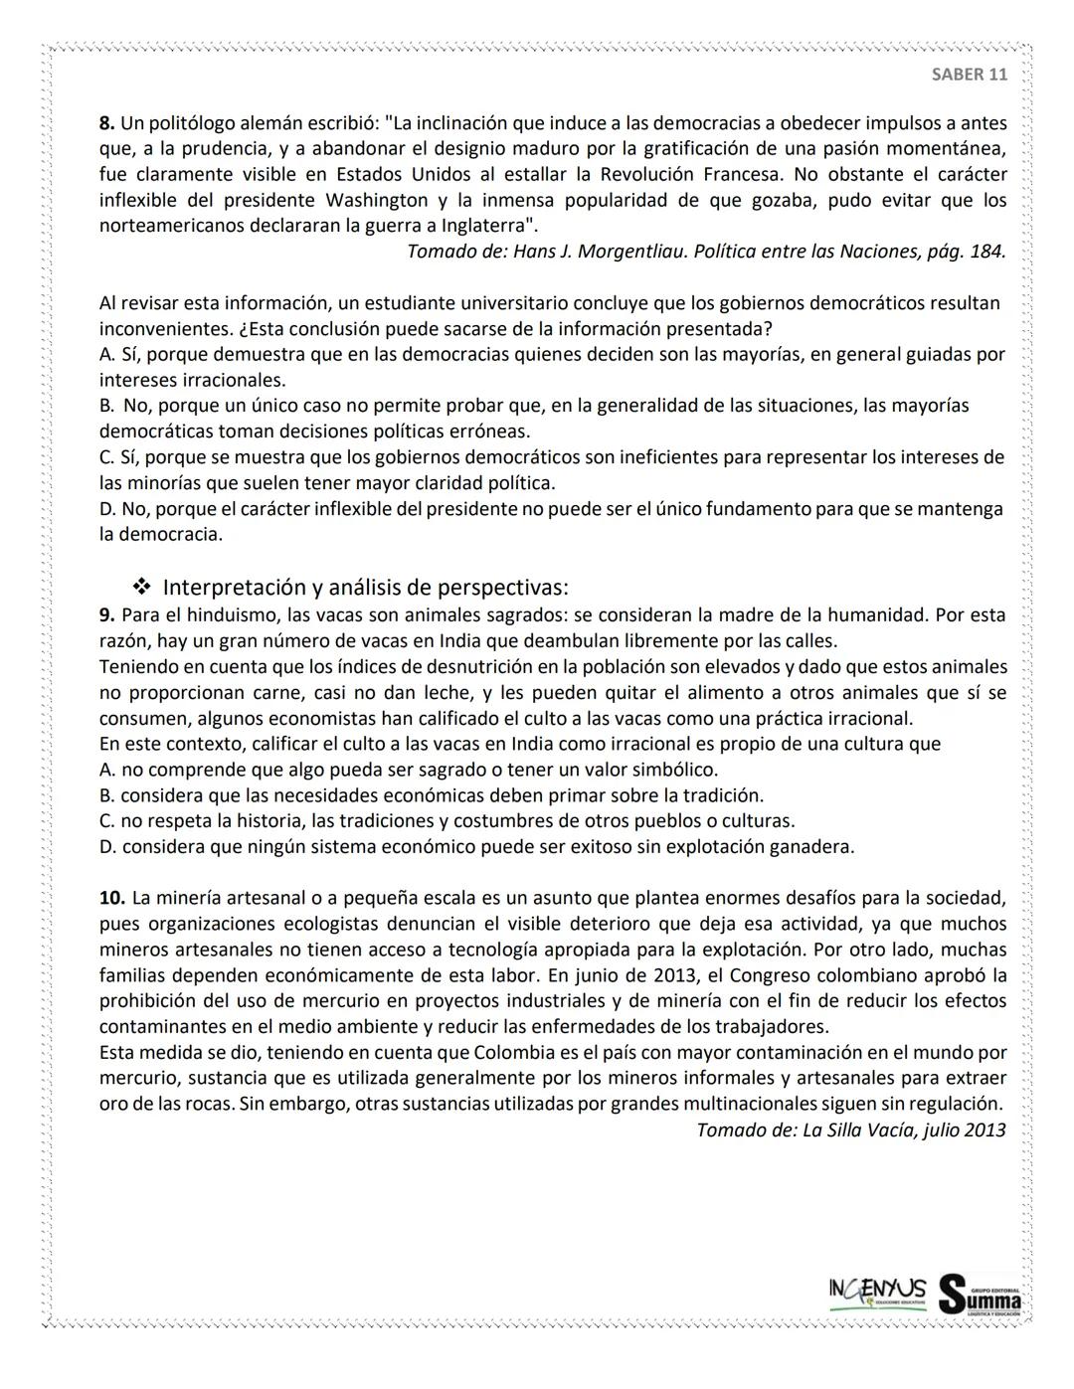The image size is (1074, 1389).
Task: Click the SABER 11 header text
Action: click(x=969, y=75)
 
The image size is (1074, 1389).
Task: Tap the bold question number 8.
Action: click(x=106, y=123)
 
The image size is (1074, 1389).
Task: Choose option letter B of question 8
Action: click(x=105, y=406)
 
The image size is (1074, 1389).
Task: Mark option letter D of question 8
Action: click(x=106, y=509)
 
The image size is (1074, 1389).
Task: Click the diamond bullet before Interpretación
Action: click(x=140, y=587)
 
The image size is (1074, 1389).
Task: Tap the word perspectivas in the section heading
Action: click(x=503, y=587)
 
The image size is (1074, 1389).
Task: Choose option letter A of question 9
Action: click(x=105, y=771)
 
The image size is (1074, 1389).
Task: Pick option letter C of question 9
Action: click(x=105, y=821)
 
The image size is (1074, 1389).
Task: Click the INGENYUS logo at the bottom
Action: click(x=877, y=1292)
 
